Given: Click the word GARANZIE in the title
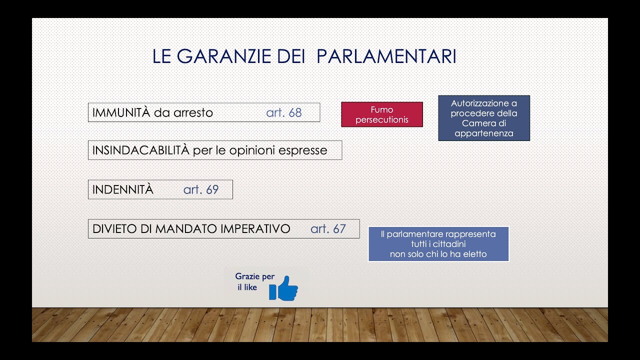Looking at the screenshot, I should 225,56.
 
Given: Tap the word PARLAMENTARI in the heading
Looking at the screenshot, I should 386,56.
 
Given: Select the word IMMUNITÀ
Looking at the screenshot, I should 121,112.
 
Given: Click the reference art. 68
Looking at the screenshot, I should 284,112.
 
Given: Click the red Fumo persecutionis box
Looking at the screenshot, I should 382,114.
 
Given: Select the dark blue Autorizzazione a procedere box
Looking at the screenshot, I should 483,118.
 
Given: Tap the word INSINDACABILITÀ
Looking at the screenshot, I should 141,150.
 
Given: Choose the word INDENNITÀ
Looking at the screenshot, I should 122,189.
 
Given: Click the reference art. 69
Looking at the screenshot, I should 201,189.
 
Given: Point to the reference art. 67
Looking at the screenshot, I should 328,228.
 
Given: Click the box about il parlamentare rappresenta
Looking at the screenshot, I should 438,244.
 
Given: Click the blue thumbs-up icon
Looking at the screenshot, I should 283,288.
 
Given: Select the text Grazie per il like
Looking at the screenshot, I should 254,282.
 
